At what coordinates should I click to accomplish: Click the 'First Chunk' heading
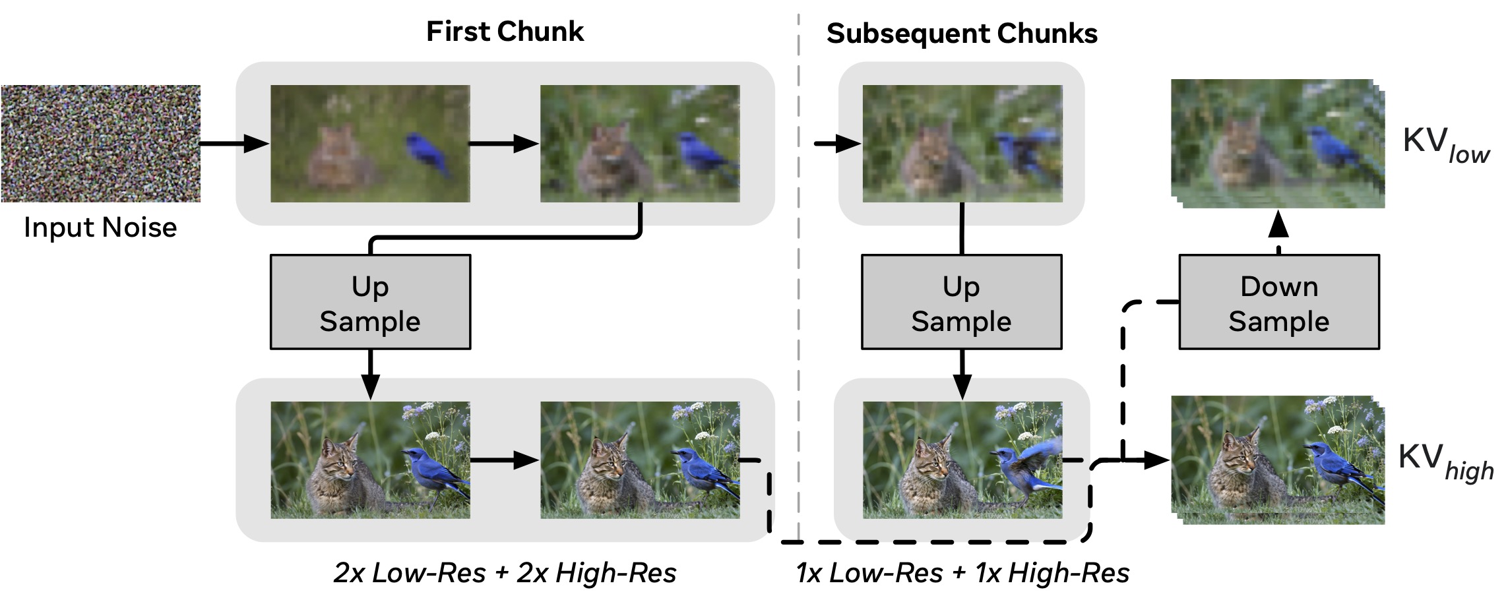click(505, 32)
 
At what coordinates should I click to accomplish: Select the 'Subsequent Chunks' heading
click(962, 34)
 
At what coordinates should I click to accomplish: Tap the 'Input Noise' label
click(100, 227)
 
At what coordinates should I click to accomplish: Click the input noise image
click(101, 143)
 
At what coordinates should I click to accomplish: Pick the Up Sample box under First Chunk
click(370, 303)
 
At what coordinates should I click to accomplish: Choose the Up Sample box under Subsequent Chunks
click(961, 303)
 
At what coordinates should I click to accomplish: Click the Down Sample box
click(1278, 303)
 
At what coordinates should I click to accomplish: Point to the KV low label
click(1445, 145)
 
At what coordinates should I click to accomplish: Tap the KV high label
click(1445, 462)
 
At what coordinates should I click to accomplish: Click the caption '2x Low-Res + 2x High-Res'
click(505, 572)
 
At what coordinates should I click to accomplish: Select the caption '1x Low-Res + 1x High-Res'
click(962, 572)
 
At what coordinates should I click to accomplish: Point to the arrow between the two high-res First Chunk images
click(505, 460)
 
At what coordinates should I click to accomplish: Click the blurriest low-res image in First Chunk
click(370, 143)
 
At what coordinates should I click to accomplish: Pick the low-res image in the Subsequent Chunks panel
click(962, 143)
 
